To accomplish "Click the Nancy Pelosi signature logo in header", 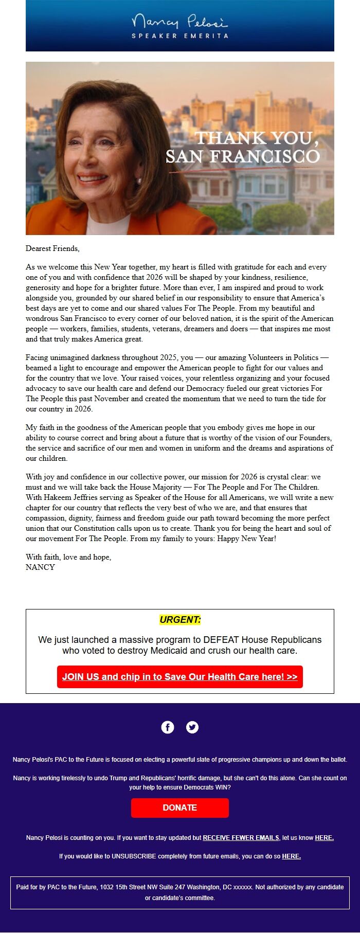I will (x=179, y=22).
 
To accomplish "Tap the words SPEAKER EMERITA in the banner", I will (x=179, y=36).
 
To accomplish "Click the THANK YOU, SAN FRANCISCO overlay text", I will (x=242, y=147).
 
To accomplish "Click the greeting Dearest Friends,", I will (x=52, y=248).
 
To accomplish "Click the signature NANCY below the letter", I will (x=40, y=567).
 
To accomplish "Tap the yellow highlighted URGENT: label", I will (x=180, y=620).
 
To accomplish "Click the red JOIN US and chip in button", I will (x=180, y=677).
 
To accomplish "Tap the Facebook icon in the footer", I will (x=168, y=727).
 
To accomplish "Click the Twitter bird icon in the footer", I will (x=192, y=727).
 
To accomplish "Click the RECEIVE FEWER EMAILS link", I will (x=241, y=838).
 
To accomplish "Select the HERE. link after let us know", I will (x=324, y=838).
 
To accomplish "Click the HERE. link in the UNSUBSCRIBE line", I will (x=291, y=856).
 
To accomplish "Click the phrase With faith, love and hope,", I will (x=68, y=557).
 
